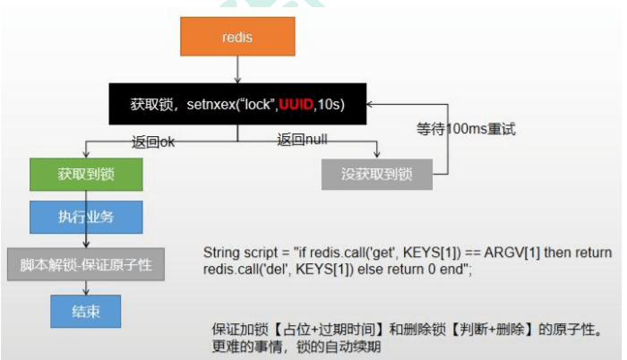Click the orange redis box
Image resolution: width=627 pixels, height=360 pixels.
point(237,37)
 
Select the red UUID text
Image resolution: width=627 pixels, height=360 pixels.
point(296,105)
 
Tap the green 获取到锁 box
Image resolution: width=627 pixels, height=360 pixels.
point(86,175)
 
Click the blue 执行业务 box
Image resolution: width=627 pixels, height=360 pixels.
point(86,218)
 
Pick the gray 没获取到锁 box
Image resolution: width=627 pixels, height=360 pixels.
point(377,175)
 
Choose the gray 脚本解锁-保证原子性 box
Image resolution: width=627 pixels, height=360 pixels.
point(86,264)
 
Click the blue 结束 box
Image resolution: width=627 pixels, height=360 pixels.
point(86,312)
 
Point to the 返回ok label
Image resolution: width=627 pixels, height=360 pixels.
point(153,142)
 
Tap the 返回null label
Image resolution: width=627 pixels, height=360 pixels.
point(303,140)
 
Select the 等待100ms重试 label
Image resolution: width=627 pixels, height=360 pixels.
point(466,129)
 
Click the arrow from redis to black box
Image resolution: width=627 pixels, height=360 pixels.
point(237,70)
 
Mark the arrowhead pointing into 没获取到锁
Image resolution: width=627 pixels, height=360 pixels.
point(377,155)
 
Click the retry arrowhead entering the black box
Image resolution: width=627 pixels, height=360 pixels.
point(370,105)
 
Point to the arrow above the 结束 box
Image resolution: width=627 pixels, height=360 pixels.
point(86,288)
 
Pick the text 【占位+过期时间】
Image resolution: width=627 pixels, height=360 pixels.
point(329,330)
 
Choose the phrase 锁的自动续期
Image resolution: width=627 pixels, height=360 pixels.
point(339,347)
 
